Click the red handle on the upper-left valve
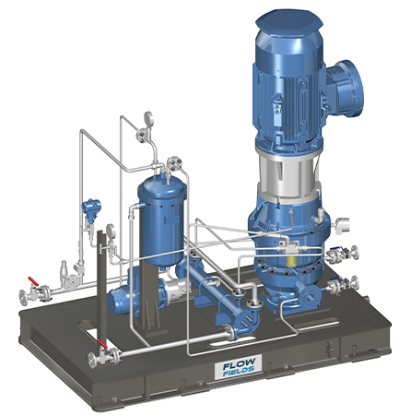(x=33, y=281)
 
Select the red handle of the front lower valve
(x=102, y=344)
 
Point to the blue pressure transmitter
(x=90, y=208)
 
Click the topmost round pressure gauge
(x=148, y=117)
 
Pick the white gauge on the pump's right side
(x=342, y=225)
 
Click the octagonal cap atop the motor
(x=289, y=21)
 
